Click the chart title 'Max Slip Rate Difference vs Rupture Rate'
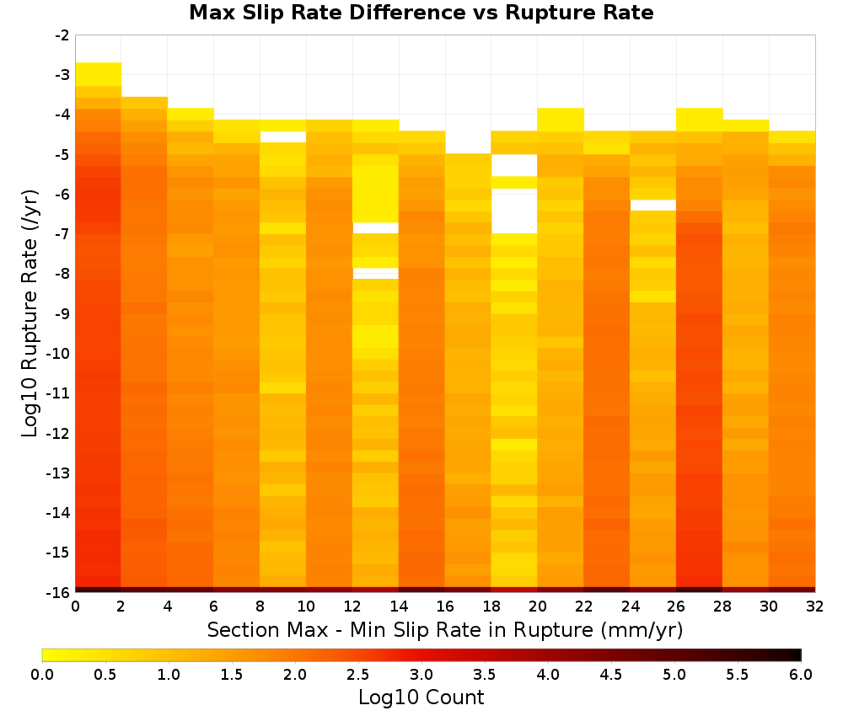click(x=421, y=13)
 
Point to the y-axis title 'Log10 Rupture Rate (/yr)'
click(x=30, y=313)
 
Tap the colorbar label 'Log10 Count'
click(x=421, y=697)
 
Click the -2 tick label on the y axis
click(x=62, y=35)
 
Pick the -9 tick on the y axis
click(x=62, y=313)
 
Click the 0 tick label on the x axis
click(x=75, y=606)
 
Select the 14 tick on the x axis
click(x=399, y=606)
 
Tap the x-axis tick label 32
click(x=815, y=606)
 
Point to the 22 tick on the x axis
click(x=583, y=606)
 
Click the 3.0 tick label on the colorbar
click(x=421, y=675)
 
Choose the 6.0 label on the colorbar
click(x=801, y=675)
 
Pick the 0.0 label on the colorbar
click(x=42, y=675)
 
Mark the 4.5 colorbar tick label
click(x=610, y=675)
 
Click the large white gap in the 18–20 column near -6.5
click(x=514, y=211)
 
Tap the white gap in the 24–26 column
click(x=652, y=206)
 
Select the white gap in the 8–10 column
click(x=282, y=137)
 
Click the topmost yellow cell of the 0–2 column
click(x=99, y=74)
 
